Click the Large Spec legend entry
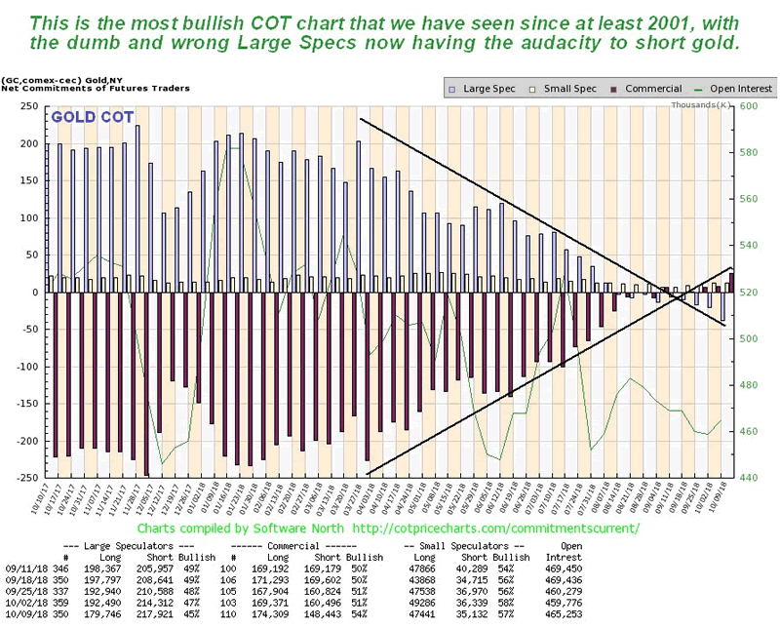485,88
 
